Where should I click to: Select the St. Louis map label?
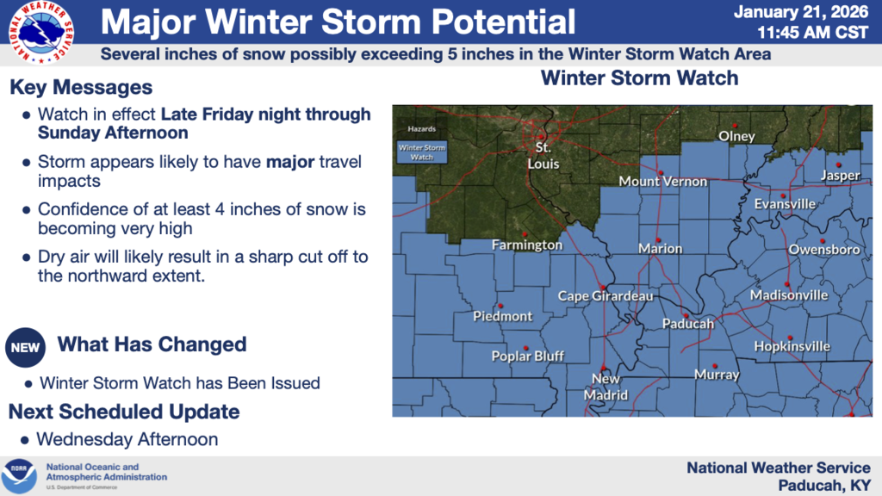(x=543, y=156)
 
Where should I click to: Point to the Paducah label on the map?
(x=688, y=324)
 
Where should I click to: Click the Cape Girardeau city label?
(x=606, y=296)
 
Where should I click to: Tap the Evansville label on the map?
(x=784, y=204)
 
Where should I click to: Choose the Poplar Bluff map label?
(x=527, y=356)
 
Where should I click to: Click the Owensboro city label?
(x=824, y=250)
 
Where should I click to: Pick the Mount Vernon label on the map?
(x=663, y=182)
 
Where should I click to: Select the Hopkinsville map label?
(x=792, y=346)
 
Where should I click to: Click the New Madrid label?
(x=606, y=387)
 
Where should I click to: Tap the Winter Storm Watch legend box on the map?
(x=421, y=152)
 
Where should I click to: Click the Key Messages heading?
(x=81, y=88)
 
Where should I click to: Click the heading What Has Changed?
(x=152, y=344)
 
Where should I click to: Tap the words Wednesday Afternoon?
(x=127, y=439)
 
